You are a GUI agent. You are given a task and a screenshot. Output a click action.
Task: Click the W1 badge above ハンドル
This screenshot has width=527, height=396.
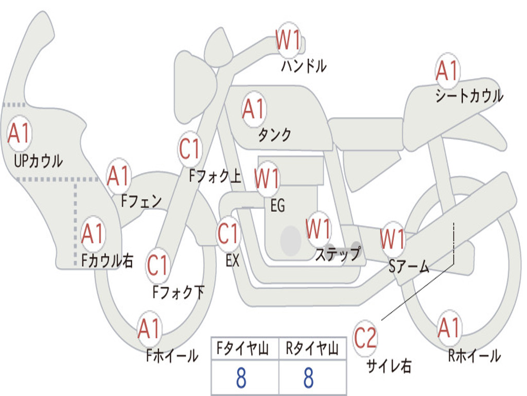(x=288, y=40)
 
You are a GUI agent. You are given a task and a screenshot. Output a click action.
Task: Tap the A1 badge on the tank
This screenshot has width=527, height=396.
(x=254, y=109)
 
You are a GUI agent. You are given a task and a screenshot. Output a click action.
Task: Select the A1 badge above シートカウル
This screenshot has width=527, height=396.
(x=447, y=71)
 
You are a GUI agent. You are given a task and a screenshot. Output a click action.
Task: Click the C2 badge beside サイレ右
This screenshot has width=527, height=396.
(x=365, y=338)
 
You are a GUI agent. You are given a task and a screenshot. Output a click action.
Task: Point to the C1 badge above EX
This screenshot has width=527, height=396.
(x=228, y=234)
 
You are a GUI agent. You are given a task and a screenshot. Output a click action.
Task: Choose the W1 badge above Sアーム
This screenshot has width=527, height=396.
(x=393, y=239)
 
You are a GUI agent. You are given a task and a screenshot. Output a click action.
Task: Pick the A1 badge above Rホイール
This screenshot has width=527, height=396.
(x=449, y=327)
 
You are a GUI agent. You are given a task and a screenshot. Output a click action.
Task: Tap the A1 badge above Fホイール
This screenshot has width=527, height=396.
(x=150, y=328)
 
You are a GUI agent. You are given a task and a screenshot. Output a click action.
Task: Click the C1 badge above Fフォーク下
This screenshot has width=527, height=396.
(x=157, y=266)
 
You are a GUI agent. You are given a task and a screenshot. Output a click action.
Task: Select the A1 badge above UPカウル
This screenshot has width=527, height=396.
(x=20, y=134)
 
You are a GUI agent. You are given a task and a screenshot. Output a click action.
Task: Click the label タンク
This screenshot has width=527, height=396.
(x=274, y=135)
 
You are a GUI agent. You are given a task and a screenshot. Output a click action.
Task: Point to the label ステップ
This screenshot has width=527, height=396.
(x=338, y=254)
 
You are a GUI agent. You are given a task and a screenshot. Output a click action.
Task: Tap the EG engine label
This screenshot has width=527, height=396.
(x=277, y=205)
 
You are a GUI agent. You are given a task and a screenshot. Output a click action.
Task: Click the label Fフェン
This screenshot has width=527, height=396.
(x=142, y=201)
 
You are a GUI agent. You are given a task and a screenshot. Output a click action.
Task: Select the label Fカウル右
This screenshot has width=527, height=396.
(x=108, y=260)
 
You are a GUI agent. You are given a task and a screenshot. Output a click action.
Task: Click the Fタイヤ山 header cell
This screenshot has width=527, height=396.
(x=245, y=349)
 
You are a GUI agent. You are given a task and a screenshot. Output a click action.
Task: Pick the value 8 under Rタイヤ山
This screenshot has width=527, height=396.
(x=309, y=377)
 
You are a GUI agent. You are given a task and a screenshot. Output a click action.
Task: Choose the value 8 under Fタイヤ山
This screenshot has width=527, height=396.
(x=241, y=377)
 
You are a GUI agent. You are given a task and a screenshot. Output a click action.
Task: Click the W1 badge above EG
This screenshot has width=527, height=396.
(x=267, y=178)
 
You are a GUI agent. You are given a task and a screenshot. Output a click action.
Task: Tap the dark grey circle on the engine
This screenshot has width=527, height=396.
(x=291, y=240)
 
